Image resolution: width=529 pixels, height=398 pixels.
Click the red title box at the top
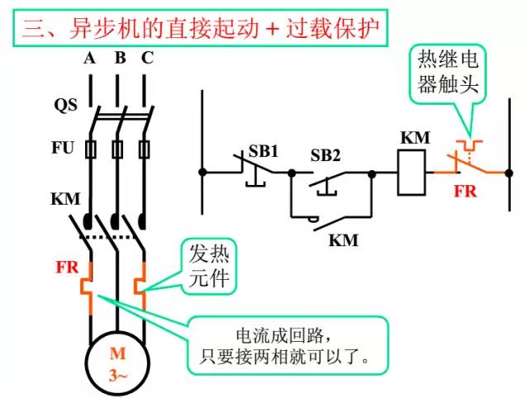(x=202, y=30)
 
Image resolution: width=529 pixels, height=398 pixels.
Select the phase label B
(x=120, y=58)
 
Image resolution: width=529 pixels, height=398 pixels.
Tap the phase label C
(x=147, y=58)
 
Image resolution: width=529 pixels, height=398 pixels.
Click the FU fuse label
(x=63, y=149)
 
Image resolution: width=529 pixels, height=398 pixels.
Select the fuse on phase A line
(x=90, y=149)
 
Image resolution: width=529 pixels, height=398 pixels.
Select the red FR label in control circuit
(x=465, y=192)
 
